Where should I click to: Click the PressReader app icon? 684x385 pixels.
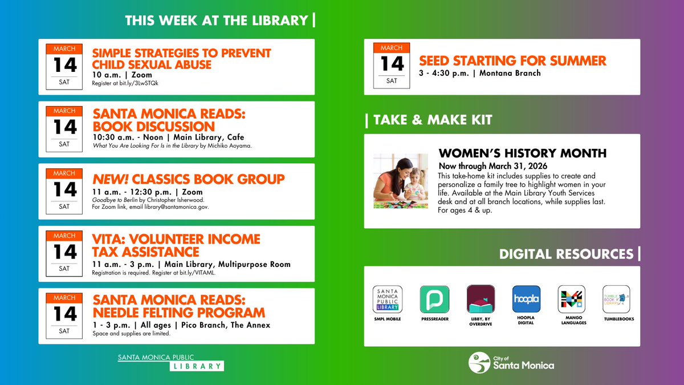click(435, 299)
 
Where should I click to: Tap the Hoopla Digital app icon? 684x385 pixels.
click(526, 299)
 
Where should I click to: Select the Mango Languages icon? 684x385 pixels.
click(571, 299)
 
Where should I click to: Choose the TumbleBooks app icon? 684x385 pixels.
click(617, 299)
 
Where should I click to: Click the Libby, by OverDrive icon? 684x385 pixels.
click(481, 299)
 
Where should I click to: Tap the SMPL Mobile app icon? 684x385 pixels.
click(388, 299)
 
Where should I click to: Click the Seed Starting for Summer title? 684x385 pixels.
click(512, 60)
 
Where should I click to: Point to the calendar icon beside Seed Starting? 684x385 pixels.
click(392, 65)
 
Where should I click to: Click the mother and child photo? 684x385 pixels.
click(401, 181)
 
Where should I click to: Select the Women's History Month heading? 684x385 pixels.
click(522, 153)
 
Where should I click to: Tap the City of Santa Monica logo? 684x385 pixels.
click(511, 363)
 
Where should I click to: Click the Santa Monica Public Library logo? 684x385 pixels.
click(170, 362)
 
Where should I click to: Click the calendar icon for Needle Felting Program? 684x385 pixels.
click(64, 315)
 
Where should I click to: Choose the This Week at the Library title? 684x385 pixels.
click(216, 21)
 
